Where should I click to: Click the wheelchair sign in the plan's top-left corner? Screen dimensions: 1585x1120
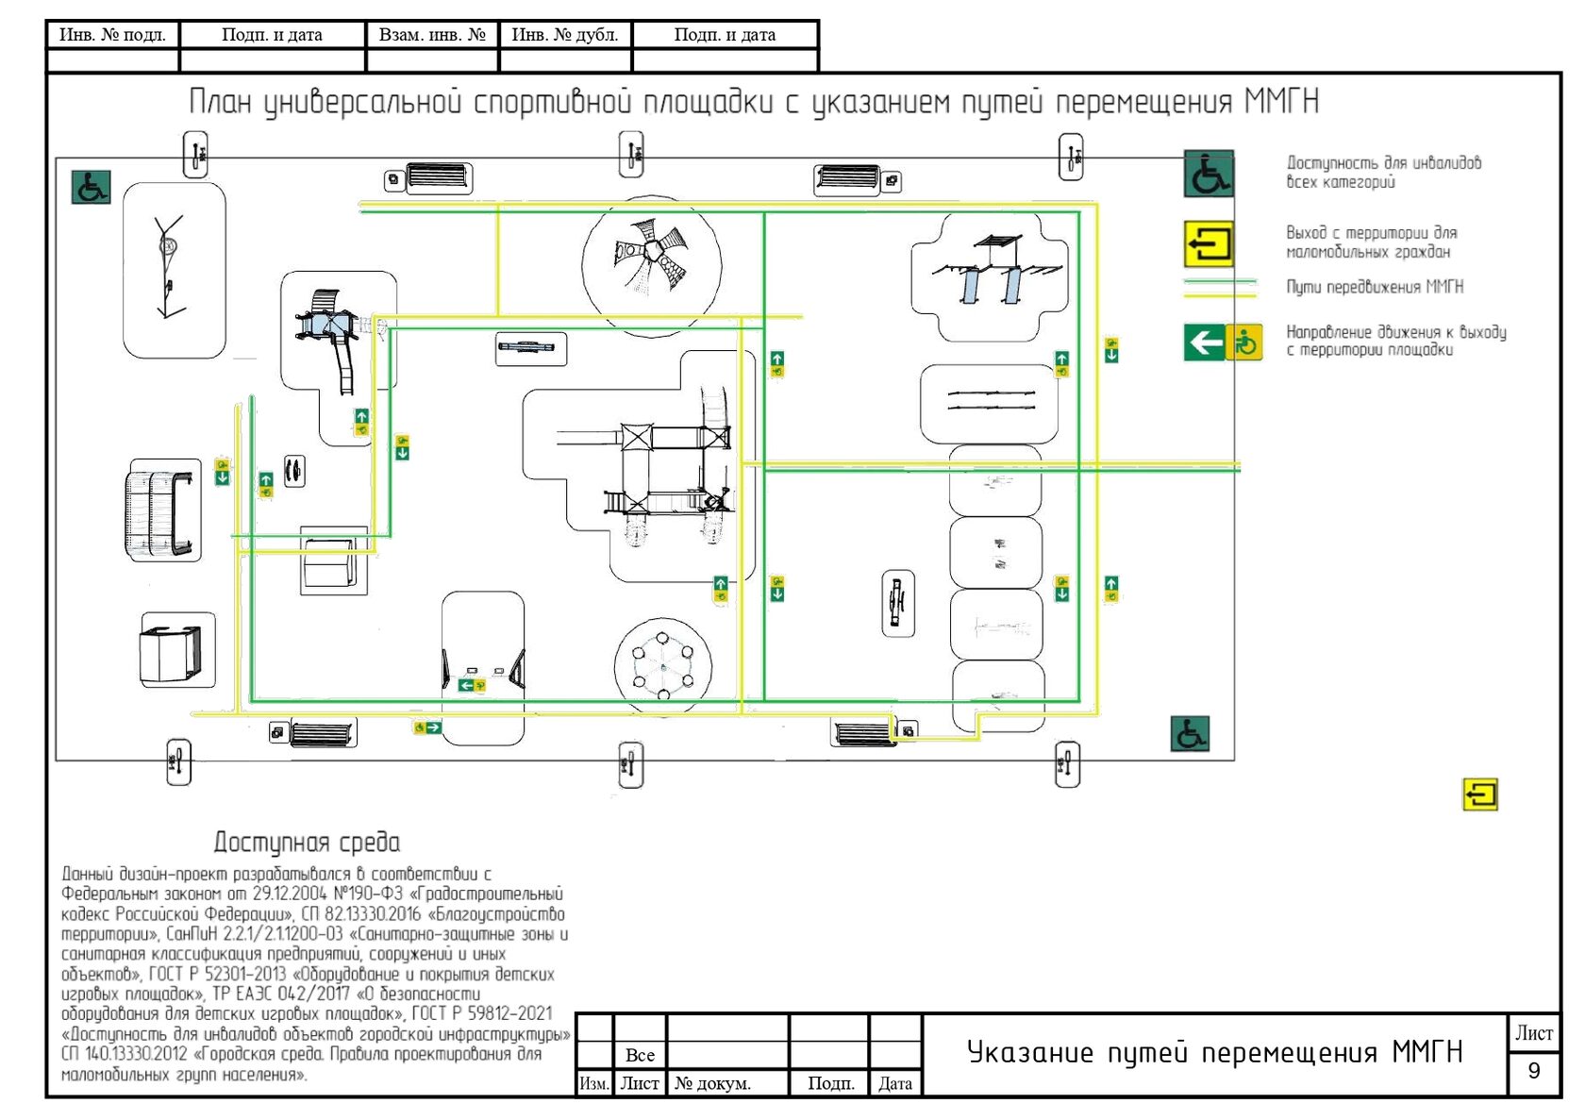tap(92, 187)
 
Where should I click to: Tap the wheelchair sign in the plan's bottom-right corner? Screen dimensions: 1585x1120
tap(1190, 733)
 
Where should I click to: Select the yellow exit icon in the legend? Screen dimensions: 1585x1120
tap(1209, 243)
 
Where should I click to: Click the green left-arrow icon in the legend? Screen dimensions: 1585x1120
tap(1204, 343)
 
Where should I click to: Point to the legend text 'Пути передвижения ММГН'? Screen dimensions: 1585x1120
tap(1375, 287)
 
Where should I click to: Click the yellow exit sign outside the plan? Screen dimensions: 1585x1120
tap(1480, 794)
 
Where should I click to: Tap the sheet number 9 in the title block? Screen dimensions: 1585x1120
tap(1533, 1071)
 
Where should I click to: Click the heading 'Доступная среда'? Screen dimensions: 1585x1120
tap(307, 842)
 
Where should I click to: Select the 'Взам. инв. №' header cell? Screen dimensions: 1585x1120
tap(432, 35)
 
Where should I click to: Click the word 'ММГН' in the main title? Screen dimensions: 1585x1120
tap(1281, 101)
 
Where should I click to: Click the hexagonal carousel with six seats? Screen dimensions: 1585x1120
tap(663, 666)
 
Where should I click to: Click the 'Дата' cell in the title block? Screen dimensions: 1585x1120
tap(895, 1083)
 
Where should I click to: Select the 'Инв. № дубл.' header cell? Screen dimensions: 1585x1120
tap(564, 35)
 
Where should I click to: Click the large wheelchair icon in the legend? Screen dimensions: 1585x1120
tap(1209, 174)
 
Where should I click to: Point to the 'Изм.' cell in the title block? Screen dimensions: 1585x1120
tap(594, 1083)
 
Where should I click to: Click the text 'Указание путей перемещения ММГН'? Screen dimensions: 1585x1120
tap(1214, 1053)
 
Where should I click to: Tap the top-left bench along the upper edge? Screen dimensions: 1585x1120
tap(439, 176)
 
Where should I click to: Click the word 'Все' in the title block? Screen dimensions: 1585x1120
tap(640, 1055)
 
